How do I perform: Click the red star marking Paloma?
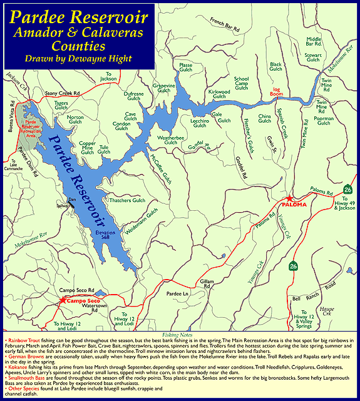(289, 198)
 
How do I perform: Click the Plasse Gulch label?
(186, 68)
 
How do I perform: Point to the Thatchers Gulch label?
(128, 200)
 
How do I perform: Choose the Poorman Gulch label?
(324, 120)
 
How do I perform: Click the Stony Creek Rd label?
(63, 93)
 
